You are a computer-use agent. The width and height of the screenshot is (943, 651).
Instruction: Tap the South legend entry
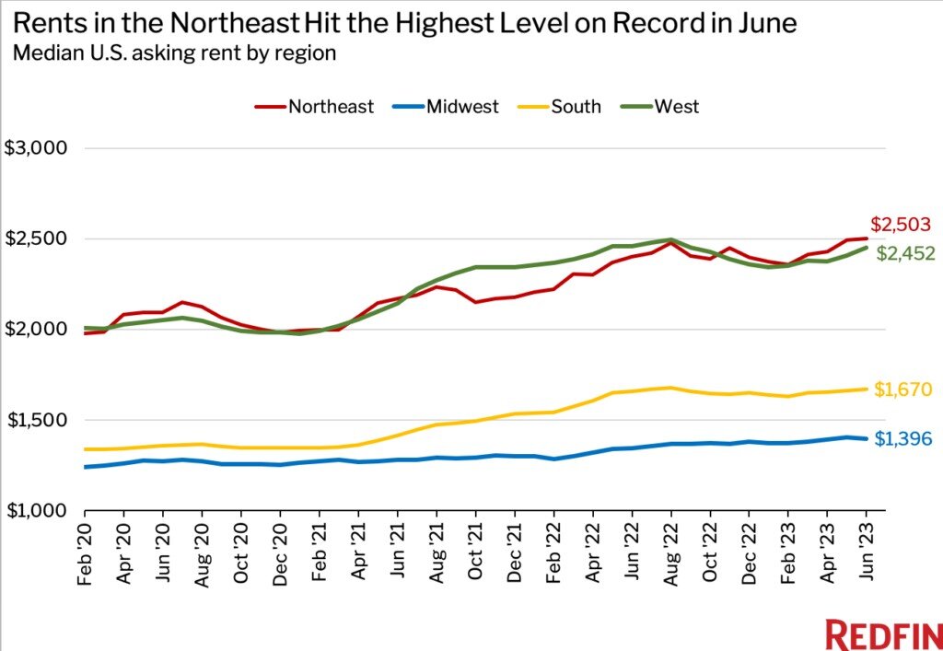click(x=563, y=107)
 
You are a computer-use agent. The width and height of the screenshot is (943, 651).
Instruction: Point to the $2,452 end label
click(x=905, y=254)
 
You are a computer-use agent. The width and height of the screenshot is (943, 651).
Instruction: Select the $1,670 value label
click(x=903, y=390)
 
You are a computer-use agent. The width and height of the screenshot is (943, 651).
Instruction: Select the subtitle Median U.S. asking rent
click(x=174, y=52)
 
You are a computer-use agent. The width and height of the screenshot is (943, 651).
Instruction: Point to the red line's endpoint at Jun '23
click(x=866, y=238)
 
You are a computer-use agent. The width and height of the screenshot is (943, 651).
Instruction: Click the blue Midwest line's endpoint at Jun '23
click(x=866, y=438)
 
